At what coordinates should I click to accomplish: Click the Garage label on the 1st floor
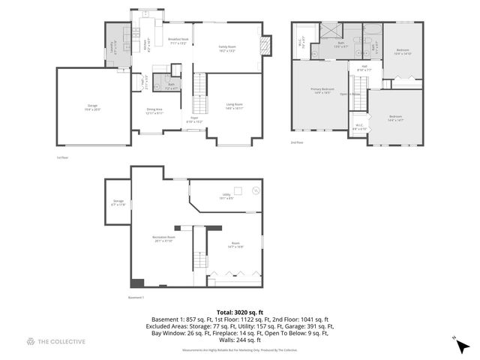tap(92, 106)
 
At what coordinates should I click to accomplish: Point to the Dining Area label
tap(155, 111)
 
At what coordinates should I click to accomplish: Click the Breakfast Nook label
tap(178, 40)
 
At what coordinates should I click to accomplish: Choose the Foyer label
tap(194, 118)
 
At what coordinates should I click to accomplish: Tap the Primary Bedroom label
tap(321, 91)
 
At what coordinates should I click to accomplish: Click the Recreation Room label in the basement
tap(163, 240)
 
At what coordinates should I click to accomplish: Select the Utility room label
tap(226, 196)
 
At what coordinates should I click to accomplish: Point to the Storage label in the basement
tap(118, 202)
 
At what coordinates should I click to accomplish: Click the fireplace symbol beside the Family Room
tap(265, 45)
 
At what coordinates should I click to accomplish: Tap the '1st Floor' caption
tap(62, 157)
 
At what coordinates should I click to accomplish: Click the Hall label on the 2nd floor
tap(364, 69)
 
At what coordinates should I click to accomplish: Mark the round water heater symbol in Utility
tap(255, 190)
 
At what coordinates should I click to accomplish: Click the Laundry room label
tap(114, 45)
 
